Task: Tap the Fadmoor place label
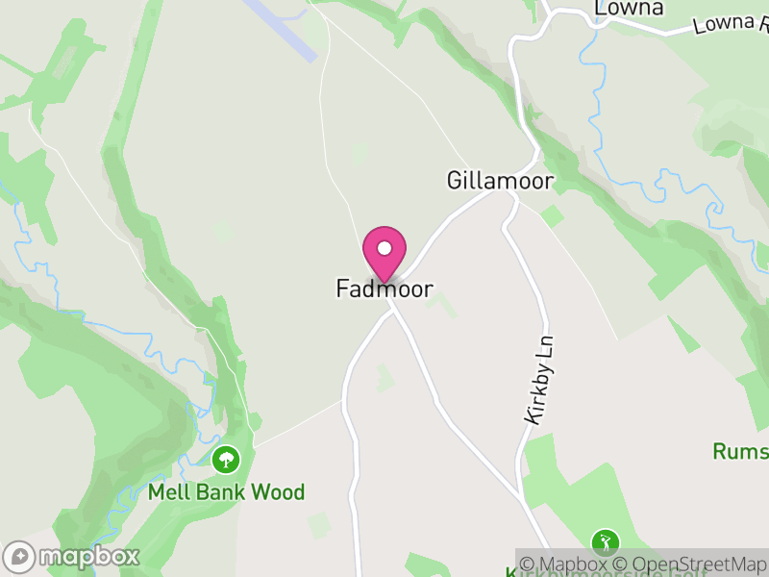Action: click(384, 288)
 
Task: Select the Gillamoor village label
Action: click(500, 181)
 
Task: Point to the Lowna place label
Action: click(630, 9)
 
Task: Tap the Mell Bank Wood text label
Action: click(226, 492)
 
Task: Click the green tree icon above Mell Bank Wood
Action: click(226, 460)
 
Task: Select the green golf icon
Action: click(605, 542)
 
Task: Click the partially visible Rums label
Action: click(739, 451)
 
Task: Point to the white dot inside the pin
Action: click(384, 248)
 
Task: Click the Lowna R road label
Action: click(730, 24)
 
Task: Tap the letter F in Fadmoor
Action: click(342, 288)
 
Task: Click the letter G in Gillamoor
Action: click(455, 181)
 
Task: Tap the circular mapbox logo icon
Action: click(20, 557)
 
